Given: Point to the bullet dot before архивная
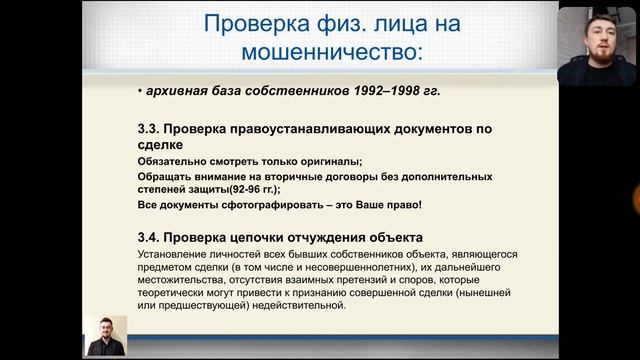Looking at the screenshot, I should coord(138,93).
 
